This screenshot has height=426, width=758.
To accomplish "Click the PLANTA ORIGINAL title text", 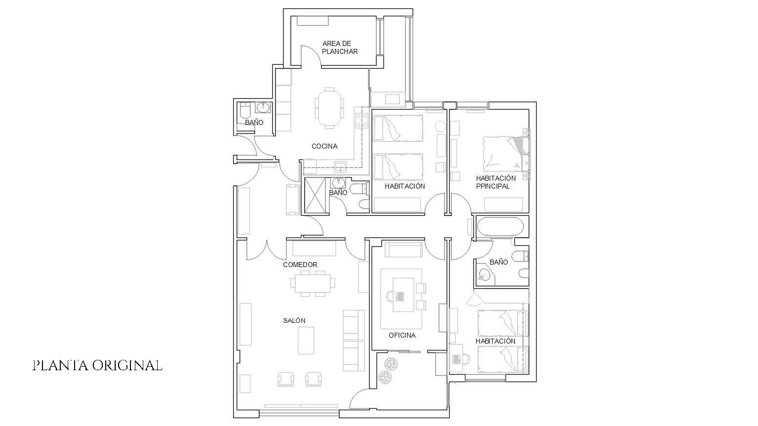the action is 97,365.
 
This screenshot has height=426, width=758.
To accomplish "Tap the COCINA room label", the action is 325,147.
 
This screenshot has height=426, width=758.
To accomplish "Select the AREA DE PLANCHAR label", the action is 339,47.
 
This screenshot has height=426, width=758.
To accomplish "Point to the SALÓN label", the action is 294,320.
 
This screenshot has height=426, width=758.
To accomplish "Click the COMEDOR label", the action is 300,265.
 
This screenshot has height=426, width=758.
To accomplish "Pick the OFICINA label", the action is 402,335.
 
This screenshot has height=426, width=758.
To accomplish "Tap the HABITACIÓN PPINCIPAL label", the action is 496,182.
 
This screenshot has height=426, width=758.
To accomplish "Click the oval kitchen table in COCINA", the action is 330,108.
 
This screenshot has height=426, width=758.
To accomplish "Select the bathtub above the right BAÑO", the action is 500,227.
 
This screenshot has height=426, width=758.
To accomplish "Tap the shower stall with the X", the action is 315,195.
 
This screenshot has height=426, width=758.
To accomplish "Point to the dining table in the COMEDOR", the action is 313,283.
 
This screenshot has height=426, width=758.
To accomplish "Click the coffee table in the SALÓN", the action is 306,340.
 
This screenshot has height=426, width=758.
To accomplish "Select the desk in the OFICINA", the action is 403,295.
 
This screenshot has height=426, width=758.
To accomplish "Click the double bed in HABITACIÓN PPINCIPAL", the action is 504,154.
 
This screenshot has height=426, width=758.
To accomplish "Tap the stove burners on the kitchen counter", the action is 361,121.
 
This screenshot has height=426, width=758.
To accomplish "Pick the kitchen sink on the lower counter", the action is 340,167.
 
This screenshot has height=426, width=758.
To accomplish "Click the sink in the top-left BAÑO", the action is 263,108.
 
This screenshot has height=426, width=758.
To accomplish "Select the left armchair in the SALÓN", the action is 286,379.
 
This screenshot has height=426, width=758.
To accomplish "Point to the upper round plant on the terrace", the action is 391,364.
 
